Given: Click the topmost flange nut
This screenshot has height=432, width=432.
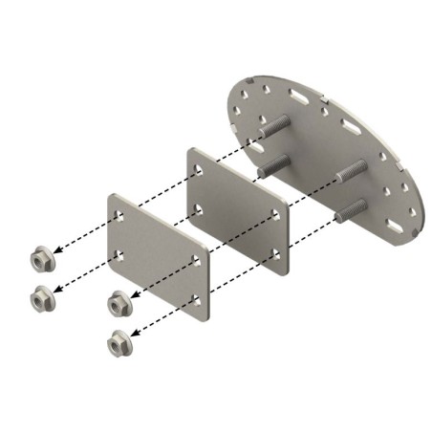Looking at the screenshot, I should pos(41,258).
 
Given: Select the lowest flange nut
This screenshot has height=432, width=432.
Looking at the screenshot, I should pos(118,341).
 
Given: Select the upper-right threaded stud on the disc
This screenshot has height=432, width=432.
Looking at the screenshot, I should pos(354,172).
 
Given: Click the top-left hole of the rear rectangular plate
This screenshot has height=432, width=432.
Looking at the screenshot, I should pos(198,168).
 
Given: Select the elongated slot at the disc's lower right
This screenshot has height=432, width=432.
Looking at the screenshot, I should pos(393,227).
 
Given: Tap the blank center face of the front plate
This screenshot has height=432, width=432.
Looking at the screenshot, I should pos(158,253).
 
